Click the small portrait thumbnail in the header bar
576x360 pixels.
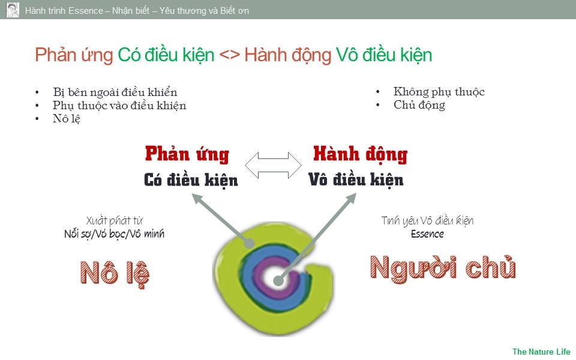13,10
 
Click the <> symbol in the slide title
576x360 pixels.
230,55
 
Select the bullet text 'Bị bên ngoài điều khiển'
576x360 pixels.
115,92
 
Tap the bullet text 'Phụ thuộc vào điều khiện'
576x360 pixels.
119,106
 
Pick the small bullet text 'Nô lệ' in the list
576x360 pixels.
67,119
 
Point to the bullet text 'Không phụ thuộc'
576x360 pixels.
439,91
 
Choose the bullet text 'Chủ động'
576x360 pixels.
419,105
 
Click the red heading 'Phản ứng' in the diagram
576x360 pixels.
187,154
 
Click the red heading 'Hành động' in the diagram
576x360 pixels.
361,154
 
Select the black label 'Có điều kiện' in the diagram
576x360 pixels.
191,181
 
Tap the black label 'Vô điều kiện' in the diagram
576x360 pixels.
356,180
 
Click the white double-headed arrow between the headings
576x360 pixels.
274,166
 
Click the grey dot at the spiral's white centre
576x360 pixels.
279,281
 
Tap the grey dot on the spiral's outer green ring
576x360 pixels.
250,243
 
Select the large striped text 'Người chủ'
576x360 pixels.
443,268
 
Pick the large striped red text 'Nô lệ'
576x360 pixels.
115,274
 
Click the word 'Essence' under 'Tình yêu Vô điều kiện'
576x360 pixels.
427,234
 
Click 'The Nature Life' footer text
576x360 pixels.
541,352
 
